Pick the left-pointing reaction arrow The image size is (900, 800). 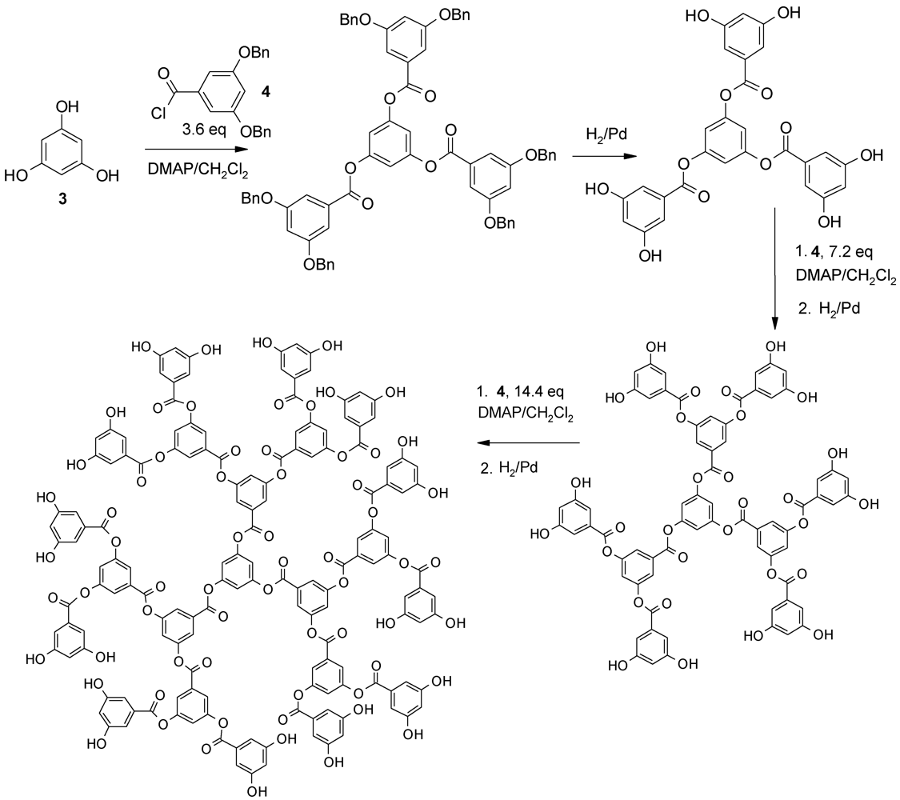pyautogui.click(x=524, y=442)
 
